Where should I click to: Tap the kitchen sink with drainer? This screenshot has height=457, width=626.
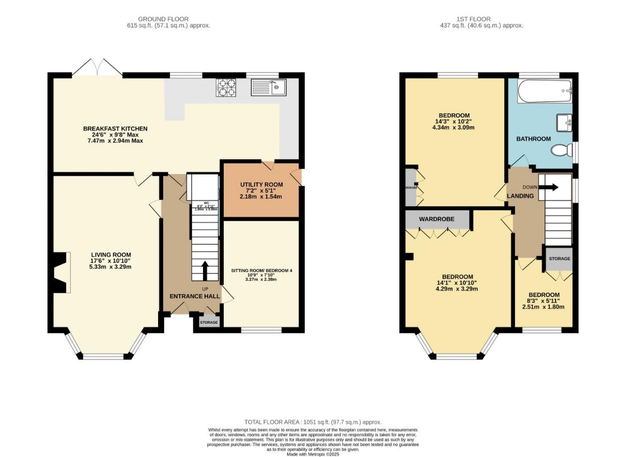(268, 88)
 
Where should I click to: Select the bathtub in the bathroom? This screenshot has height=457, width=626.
(545, 91)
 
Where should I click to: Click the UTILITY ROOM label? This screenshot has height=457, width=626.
(261, 185)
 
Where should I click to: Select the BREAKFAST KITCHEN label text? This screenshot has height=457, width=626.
(115, 129)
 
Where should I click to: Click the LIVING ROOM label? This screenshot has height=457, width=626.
(111, 255)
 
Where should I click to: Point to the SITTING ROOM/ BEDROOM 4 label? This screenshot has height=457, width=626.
(261, 271)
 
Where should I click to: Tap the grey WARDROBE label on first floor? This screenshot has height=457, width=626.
(437, 219)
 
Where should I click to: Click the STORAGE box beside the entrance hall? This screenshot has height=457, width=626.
(209, 322)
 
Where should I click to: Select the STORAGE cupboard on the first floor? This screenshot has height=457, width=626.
(559, 259)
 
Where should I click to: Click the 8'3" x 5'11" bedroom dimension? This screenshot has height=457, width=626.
(543, 301)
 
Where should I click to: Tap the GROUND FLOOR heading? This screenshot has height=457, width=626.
(163, 19)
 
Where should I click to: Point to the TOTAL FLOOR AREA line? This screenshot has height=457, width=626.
(313, 422)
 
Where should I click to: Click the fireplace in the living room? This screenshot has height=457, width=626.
(61, 272)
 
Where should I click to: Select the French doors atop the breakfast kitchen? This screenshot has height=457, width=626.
(97, 67)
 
